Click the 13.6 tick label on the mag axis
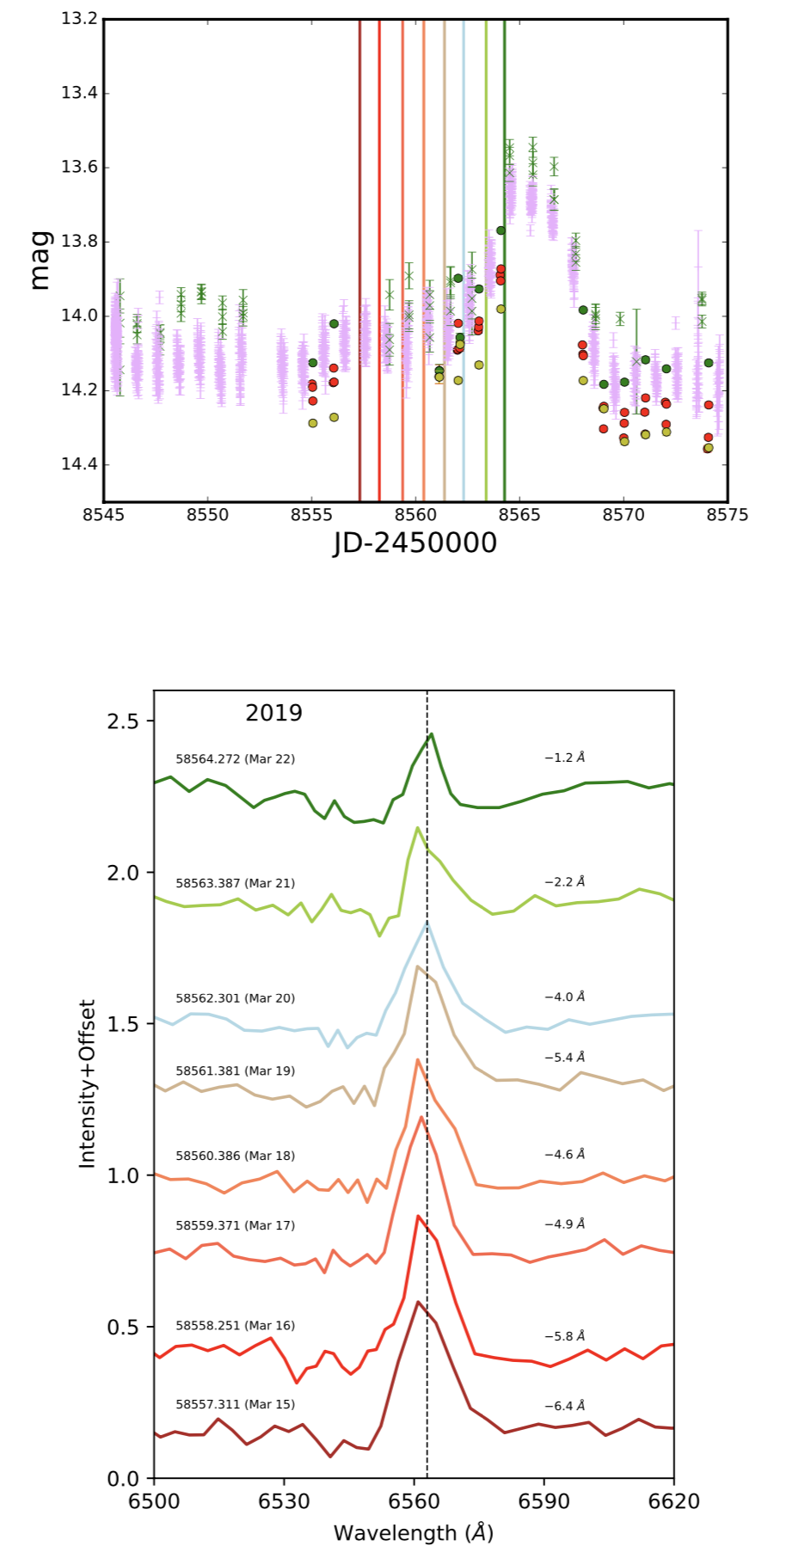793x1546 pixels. click(x=78, y=168)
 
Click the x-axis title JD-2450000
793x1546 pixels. click(x=415, y=543)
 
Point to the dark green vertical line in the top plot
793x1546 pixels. click(x=504, y=258)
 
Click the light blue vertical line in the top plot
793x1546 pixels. click(x=464, y=258)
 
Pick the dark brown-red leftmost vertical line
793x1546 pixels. click(x=360, y=258)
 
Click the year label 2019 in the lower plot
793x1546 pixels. click(x=274, y=713)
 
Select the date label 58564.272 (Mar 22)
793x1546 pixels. click(x=235, y=759)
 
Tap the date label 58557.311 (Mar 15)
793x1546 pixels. click(x=235, y=1404)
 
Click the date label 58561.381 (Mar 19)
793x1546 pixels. click(x=235, y=1071)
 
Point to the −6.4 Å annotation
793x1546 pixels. click(x=564, y=1406)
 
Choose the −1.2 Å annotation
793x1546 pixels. click(x=564, y=758)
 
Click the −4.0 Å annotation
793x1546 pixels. click(x=564, y=997)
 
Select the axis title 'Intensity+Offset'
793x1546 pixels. click(x=87, y=1083)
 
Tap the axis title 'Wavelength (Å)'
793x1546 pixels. click(x=414, y=1532)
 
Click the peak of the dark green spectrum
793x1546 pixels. click(x=432, y=734)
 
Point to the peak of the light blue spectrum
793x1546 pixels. click(x=426, y=923)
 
